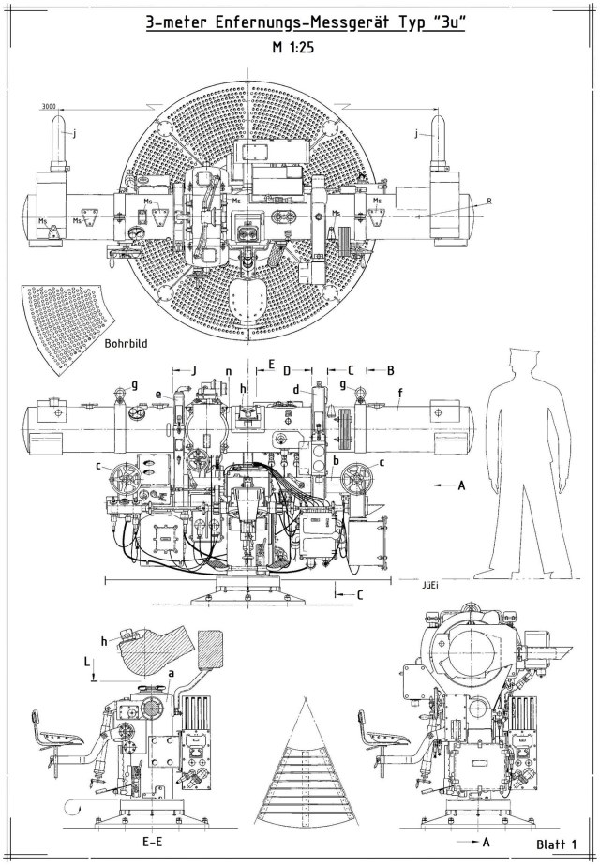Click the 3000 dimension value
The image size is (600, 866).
48,107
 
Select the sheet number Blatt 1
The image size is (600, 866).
561,845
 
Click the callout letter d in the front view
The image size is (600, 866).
295,389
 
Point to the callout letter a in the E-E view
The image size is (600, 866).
170,673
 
